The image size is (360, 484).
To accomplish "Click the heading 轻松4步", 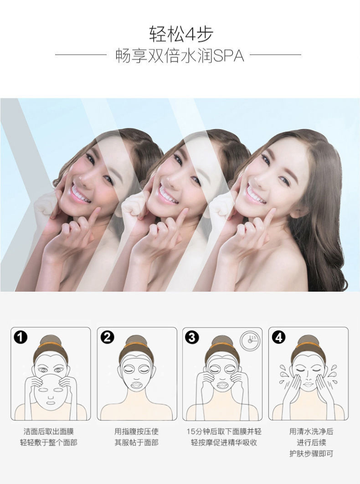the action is pyautogui.click(x=181, y=34).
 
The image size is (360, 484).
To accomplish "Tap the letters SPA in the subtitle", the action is pyautogui.click(x=228, y=56).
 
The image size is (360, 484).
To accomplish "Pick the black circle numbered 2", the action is pyautogui.click(x=107, y=337).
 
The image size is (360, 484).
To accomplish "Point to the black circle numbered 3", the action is pyautogui.click(x=192, y=337).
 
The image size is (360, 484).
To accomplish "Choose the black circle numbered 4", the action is pyautogui.click(x=278, y=337).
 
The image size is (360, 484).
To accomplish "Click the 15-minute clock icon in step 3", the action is pyautogui.click(x=250, y=341).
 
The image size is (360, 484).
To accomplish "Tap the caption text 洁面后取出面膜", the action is pyautogui.click(x=49, y=432).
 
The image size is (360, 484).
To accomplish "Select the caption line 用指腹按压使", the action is pyautogui.click(x=136, y=432).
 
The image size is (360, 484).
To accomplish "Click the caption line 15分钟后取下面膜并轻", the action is pyautogui.click(x=224, y=432).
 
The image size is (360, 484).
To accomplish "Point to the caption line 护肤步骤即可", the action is pyautogui.click(x=311, y=454).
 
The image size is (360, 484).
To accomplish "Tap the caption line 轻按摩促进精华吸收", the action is pyautogui.click(x=224, y=443).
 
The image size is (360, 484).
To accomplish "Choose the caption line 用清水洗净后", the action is pyautogui.click(x=311, y=432).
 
